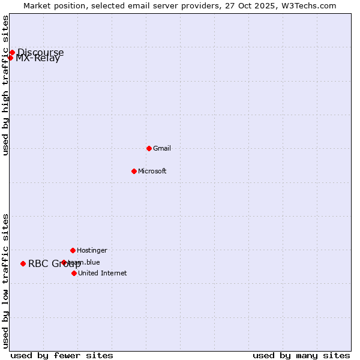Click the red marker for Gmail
pyautogui.click(x=149, y=148)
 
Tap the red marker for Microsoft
pyautogui.click(x=134, y=171)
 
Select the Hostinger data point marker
pyautogui.click(x=73, y=250)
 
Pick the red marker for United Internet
pyautogui.click(x=74, y=273)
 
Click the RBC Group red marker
pyautogui.click(x=23, y=263)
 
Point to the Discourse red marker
pyautogui.click(x=12, y=52)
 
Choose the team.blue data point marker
pyautogui.click(x=64, y=262)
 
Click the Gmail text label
pyautogui.click(x=162, y=148)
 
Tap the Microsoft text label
pyautogui.click(x=152, y=171)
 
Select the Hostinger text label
pyautogui.click(x=92, y=250)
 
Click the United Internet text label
pyautogui.click(x=103, y=273)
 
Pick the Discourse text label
pyautogui.click(x=40, y=52)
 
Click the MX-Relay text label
pyautogui.click(x=38, y=59)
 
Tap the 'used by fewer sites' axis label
pyautogui.click(x=62, y=355)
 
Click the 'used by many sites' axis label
pyautogui.click(x=301, y=355)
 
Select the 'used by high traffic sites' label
pyautogui.click(x=5, y=85)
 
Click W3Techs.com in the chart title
pyautogui.click(x=308, y=5)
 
